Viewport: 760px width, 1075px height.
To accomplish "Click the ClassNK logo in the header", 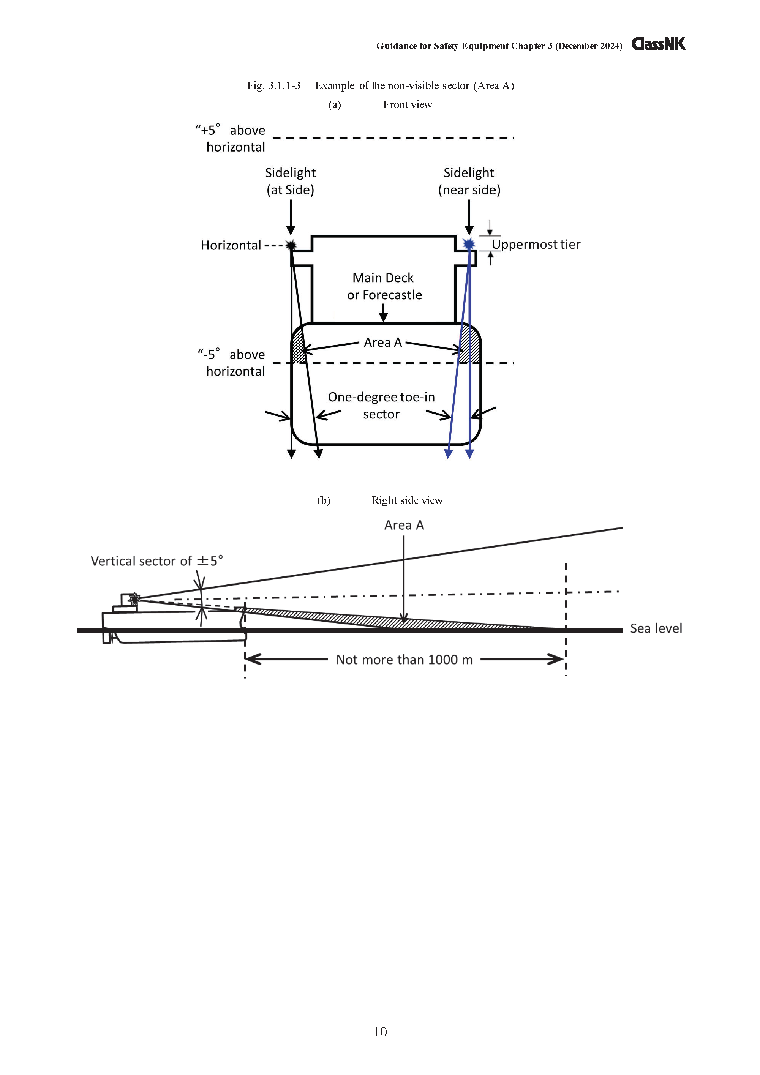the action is point(658,44).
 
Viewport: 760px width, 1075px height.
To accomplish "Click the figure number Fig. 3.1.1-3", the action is point(273,86).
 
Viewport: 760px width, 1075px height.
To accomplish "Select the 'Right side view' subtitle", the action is point(407,500).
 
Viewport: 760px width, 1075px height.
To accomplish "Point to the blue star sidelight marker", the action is point(469,244).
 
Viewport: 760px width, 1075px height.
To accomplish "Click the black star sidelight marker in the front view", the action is point(291,245).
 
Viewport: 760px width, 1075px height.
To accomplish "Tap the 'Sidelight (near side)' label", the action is point(469,181).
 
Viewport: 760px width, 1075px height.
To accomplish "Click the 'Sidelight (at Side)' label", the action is point(290,181).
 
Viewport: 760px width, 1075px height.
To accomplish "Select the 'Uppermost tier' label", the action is point(536,245).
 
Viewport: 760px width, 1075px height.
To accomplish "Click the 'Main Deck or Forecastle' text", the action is point(384,286).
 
